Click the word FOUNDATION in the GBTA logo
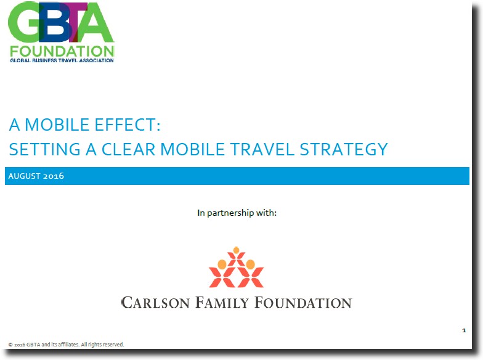click(x=62, y=52)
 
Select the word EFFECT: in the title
click(x=127, y=125)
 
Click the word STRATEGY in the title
click(x=344, y=149)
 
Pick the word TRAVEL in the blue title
click(x=262, y=149)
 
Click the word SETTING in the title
click(x=44, y=149)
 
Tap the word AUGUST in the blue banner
click(x=25, y=176)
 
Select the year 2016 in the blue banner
click(x=54, y=176)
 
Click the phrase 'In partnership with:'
click(x=237, y=213)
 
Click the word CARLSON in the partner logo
click(x=155, y=303)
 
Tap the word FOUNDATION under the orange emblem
click(x=303, y=303)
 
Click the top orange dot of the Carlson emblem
click(x=237, y=250)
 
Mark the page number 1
click(x=464, y=330)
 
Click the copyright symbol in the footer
click(x=10, y=345)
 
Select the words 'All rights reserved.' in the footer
click(x=102, y=344)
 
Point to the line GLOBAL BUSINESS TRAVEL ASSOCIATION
click(x=62, y=60)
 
